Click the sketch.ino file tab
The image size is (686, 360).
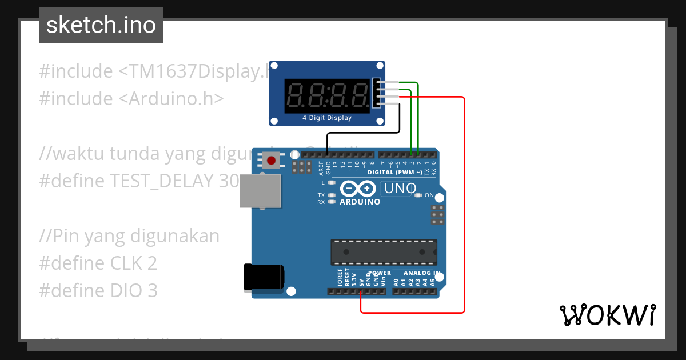tap(101, 25)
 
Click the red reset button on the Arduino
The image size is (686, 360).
tap(271, 161)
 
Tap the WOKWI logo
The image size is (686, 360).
tap(607, 315)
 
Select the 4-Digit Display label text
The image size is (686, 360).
tap(327, 118)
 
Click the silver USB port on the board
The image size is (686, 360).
tap(261, 191)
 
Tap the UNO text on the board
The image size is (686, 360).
tap(400, 189)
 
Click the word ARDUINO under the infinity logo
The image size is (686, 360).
tap(360, 202)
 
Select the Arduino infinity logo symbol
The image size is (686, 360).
tap(358, 189)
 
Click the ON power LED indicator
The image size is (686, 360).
tap(418, 195)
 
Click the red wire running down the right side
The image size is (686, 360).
tap(464, 206)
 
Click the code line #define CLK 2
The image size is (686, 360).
tap(98, 263)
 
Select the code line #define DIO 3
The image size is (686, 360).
tap(98, 291)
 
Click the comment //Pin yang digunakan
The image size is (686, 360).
tap(129, 236)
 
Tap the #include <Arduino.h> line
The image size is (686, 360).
tap(131, 99)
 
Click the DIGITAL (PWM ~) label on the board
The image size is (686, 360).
tap(395, 172)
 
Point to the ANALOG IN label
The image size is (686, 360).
tap(422, 273)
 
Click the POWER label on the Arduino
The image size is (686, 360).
tap(380, 273)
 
